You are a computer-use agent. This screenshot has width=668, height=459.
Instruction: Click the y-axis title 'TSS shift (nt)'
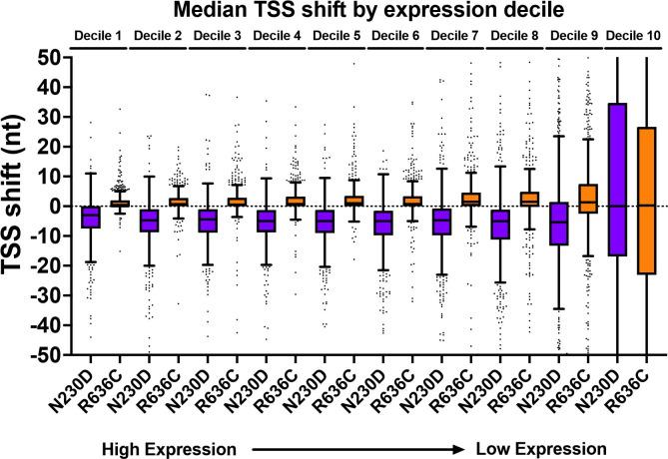coord(21,205)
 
